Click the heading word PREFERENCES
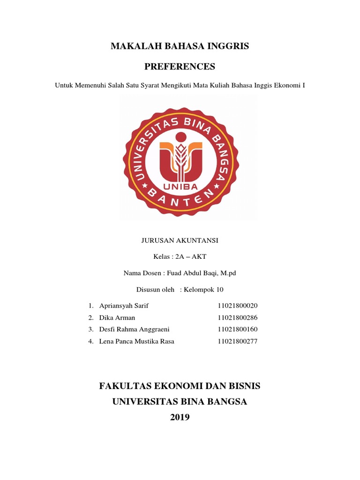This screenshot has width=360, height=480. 180,67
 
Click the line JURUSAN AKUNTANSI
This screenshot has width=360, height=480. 180,240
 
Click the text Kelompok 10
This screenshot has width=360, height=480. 205,289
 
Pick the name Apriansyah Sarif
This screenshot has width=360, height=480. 124,306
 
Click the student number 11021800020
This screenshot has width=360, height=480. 238,306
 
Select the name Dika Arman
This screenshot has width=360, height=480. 117,318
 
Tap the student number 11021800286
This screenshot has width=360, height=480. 238,318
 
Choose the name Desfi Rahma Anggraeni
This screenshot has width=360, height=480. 134,330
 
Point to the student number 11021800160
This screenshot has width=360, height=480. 238,330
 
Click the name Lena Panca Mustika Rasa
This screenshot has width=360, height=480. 136,341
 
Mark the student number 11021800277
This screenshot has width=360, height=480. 238,341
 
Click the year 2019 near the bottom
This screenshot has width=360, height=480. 180,417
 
